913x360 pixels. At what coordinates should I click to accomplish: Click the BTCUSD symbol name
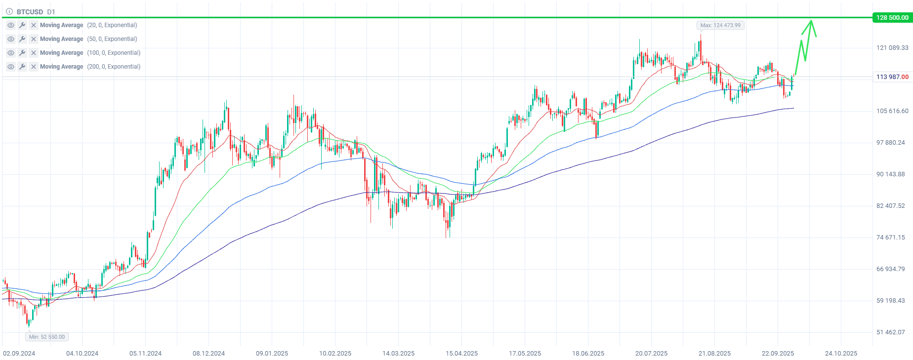click(x=30, y=12)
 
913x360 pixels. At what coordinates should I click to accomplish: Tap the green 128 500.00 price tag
click(x=892, y=18)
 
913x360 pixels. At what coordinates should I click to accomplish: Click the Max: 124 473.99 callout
click(x=720, y=25)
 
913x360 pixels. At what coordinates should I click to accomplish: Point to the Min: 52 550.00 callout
click(x=47, y=337)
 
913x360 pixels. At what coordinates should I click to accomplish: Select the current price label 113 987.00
click(x=892, y=77)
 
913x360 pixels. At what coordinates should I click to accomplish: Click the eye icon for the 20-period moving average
click(x=11, y=25)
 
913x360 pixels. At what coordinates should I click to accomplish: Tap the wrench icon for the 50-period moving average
click(x=22, y=39)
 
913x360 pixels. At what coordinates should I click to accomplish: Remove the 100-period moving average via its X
click(x=34, y=53)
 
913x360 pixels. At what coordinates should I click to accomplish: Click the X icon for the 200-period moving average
click(x=34, y=67)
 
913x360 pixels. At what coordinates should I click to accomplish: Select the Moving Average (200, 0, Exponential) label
click(x=90, y=67)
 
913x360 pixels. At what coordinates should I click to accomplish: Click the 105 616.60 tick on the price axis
click(x=892, y=111)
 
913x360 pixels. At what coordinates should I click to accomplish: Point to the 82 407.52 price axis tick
click(x=890, y=206)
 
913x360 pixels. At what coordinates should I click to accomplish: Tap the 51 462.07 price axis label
click(x=890, y=332)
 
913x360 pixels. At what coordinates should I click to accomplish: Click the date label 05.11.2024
click(x=145, y=354)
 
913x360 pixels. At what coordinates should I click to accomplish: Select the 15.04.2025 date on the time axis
click(x=461, y=354)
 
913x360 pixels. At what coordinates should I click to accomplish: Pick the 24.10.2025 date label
click(x=841, y=354)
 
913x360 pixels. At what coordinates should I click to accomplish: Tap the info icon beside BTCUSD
click(x=9, y=12)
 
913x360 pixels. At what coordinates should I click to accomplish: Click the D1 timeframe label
click(x=51, y=12)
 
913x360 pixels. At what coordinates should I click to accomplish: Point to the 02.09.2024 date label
click(x=19, y=354)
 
